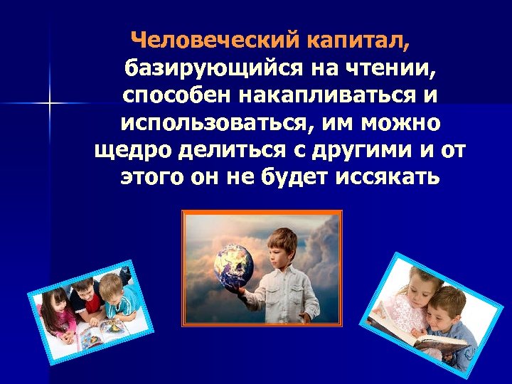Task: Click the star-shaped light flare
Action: [50, 104]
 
